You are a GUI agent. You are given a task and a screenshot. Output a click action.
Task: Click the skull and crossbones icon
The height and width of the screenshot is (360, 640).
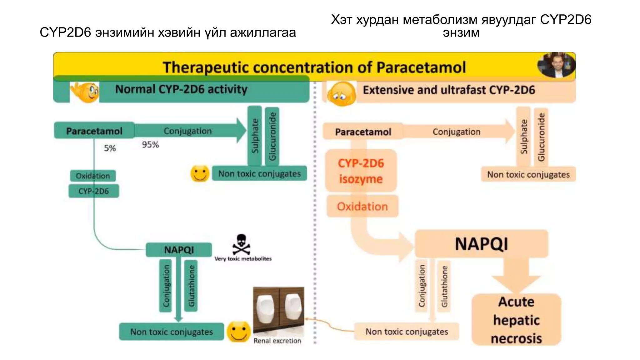pos(241,244)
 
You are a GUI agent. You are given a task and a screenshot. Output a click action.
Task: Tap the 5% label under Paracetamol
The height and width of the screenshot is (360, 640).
pos(110,148)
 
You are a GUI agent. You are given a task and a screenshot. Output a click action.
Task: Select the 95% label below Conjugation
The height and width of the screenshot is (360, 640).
pos(150,144)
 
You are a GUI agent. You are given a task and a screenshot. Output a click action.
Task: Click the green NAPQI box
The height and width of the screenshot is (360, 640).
pos(179,250)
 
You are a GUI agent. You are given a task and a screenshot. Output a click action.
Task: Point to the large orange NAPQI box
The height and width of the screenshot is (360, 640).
pos(481,244)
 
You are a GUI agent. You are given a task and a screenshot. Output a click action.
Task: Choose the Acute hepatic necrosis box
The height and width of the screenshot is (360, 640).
pos(516,320)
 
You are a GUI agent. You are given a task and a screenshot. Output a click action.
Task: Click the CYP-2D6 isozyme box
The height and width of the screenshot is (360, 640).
pos(361,171)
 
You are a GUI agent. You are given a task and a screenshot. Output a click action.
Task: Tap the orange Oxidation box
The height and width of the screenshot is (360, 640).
pos(362,206)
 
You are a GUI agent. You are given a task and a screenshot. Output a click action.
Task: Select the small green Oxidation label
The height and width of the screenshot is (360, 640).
pos(93,176)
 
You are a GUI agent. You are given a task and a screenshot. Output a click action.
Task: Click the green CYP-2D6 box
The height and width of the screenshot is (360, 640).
pos(94,191)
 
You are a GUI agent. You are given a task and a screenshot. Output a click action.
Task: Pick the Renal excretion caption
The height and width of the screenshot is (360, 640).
pos(277,341)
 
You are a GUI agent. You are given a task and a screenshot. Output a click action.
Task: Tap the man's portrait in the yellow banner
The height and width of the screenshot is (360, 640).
pos(556,65)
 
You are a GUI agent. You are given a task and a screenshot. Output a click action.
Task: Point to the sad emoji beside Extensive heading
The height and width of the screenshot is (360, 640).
pos(341,94)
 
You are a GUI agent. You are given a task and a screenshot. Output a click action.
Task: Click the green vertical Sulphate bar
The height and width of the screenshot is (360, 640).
pos(255,136)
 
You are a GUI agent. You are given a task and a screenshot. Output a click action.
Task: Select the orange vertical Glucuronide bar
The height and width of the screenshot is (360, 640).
pos(541,137)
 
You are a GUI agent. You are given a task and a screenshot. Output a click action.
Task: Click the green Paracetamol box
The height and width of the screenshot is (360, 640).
pos(94,131)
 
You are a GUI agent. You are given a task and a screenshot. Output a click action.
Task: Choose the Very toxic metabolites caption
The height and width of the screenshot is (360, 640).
pos(243,259)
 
